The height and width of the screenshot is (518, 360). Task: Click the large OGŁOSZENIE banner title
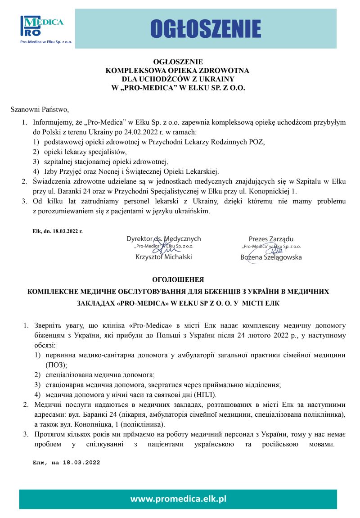point(206,28)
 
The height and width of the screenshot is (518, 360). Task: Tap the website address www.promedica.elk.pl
point(178,499)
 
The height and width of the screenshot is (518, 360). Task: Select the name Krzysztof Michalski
point(163,257)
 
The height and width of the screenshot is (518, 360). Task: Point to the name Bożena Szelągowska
point(271,257)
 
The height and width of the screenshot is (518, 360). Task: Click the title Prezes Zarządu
point(271,239)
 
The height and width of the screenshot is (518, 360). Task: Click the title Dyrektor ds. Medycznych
point(163,239)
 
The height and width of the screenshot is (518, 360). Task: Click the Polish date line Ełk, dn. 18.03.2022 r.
point(58,231)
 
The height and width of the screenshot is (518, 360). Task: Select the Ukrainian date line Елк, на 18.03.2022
point(66,462)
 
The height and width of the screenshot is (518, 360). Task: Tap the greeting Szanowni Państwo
point(40,109)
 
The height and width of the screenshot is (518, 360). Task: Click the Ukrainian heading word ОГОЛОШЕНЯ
point(178,279)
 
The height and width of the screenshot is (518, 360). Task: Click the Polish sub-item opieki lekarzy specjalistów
point(85,152)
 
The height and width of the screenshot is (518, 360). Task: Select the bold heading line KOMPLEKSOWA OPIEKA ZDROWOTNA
point(178,71)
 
